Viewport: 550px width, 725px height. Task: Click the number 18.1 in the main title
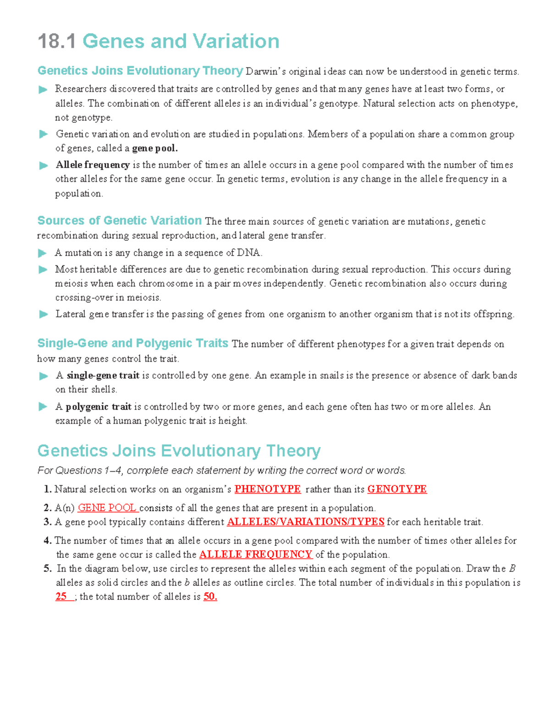click(56, 41)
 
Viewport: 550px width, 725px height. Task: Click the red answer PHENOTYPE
click(267, 489)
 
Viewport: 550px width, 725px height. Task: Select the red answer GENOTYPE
click(397, 489)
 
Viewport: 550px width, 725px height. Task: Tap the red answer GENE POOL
click(107, 508)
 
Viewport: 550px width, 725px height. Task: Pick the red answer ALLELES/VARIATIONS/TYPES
click(305, 522)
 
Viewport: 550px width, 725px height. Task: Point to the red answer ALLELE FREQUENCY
click(255, 555)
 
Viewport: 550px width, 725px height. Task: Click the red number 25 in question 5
click(61, 596)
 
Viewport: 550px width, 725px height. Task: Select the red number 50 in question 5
click(209, 596)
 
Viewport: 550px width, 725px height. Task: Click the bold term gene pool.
click(154, 148)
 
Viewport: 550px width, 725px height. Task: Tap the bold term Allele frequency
click(93, 165)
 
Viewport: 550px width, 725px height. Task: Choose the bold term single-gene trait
click(103, 376)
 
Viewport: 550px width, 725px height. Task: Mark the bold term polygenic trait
click(98, 407)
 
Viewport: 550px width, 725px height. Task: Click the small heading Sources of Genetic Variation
click(119, 221)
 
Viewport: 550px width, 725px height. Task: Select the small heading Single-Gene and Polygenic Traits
click(132, 343)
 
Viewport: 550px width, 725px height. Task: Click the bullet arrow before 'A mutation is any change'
click(43, 253)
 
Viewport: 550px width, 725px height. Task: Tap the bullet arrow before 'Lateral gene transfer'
click(43, 314)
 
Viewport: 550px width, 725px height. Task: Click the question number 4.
click(47, 540)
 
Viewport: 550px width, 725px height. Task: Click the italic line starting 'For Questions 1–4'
click(221, 470)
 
